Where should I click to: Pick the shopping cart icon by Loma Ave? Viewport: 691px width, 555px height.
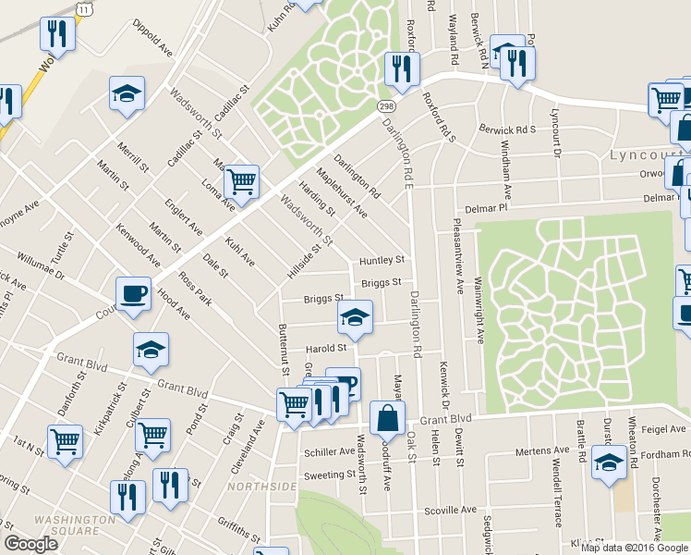(x=241, y=181)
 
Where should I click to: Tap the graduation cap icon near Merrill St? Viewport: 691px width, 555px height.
(x=127, y=93)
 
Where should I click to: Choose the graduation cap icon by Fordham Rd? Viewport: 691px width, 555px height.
(x=609, y=462)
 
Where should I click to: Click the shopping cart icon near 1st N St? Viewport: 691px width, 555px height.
(x=65, y=441)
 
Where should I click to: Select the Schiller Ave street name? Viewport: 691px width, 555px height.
(x=329, y=452)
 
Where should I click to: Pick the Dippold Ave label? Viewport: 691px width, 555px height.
(x=153, y=34)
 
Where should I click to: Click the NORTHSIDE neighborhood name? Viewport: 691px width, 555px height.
(x=269, y=487)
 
